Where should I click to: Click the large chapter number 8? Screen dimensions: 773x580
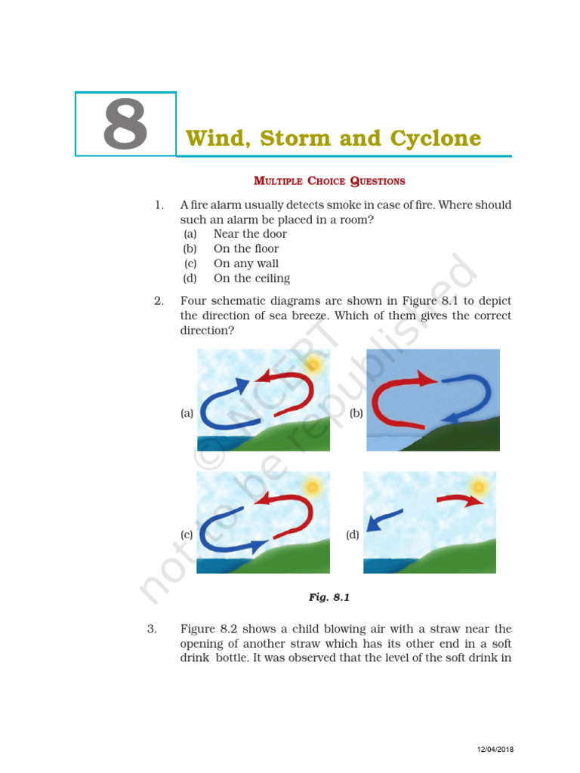(125, 125)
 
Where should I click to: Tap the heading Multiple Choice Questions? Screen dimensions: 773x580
(329, 181)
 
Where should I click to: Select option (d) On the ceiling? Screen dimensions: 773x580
(251, 279)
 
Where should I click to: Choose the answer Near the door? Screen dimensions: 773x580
(250, 234)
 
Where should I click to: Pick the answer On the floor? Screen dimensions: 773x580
(246, 248)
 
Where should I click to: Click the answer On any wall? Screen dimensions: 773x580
(246, 263)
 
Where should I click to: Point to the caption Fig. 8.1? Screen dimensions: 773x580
(329, 597)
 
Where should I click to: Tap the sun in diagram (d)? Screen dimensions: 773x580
(478, 487)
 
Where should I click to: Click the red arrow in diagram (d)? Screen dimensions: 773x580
(458, 500)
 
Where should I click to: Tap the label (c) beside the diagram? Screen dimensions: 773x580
(187, 534)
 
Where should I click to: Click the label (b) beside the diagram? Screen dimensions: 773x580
(356, 413)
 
